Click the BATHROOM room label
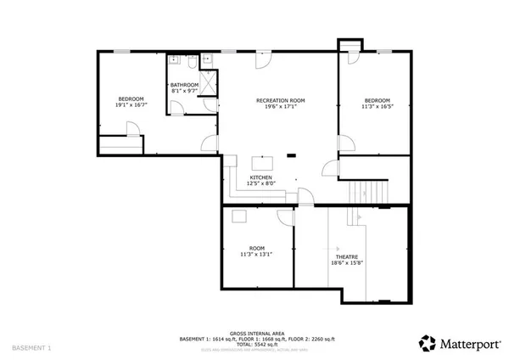pos(184,85)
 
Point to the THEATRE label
pos(346,257)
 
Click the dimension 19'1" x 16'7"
pos(131,106)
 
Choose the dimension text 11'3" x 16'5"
pos(377,106)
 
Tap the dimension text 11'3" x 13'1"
pos(256,254)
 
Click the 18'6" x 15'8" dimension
pos(346,263)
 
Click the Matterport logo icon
pos(427,343)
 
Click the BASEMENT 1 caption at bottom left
pos(32,348)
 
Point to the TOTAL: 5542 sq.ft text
pos(255,343)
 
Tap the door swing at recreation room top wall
pos(263,62)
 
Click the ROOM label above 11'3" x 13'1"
pos(256,247)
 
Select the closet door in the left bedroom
pos(132,128)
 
